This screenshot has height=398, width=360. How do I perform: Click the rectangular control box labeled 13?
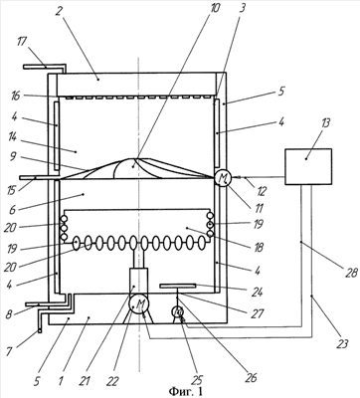[308, 166]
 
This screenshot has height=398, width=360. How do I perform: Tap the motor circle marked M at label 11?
[222, 179]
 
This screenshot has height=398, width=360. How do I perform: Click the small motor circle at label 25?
[178, 311]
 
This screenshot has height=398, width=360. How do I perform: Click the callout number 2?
[58, 12]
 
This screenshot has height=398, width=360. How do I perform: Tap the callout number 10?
[215, 8]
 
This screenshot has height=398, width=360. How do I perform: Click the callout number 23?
[342, 343]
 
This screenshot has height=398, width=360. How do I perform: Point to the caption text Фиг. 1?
[186, 391]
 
